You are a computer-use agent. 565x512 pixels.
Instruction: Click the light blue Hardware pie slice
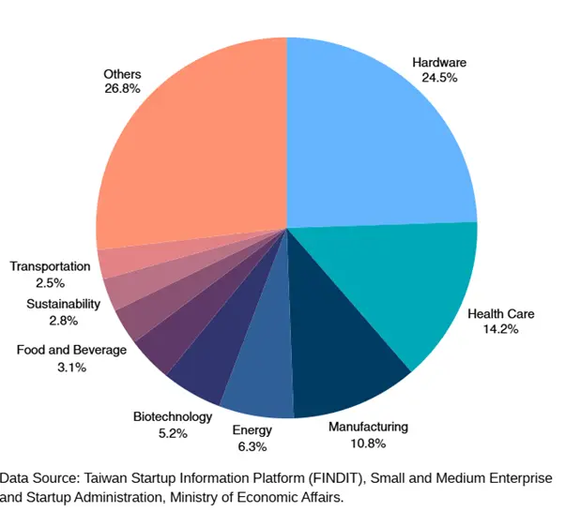[x=375, y=131]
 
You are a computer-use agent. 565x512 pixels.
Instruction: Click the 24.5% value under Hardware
[x=439, y=79]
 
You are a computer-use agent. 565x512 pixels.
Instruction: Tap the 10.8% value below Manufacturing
[x=369, y=444]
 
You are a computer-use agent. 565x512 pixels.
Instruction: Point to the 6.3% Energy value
[x=252, y=446]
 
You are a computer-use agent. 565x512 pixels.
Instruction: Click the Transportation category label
[x=50, y=266]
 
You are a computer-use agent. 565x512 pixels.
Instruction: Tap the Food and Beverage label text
[x=71, y=350]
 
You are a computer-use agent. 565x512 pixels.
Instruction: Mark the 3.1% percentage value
[x=71, y=367]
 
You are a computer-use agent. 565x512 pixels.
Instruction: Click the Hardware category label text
[x=439, y=63]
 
